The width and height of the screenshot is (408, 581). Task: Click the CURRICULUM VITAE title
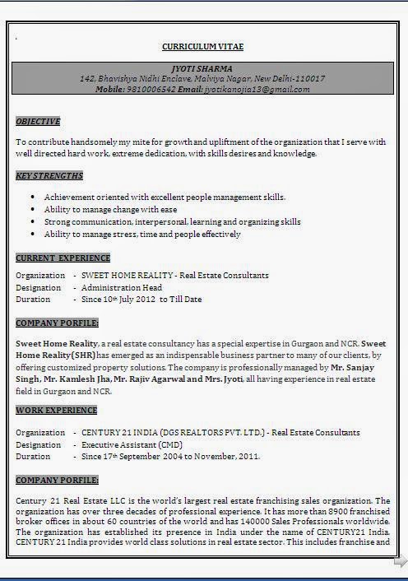[x=202, y=47]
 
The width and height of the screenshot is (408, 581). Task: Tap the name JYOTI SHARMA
[x=202, y=67]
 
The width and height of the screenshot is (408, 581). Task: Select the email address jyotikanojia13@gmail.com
[x=257, y=89]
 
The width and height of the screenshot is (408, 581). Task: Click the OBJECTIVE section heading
[x=38, y=122]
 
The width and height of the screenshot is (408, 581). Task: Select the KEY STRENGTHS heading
[x=49, y=176]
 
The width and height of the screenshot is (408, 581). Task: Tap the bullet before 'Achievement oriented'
[x=32, y=198]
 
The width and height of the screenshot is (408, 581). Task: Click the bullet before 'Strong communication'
[x=32, y=222]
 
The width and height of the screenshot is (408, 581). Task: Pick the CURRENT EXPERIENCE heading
[x=63, y=258]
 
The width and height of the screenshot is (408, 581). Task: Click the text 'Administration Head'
[x=121, y=288]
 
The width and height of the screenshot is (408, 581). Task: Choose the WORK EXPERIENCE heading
[x=56, y=411]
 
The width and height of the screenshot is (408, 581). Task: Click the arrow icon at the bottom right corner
[x=400, y=562]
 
